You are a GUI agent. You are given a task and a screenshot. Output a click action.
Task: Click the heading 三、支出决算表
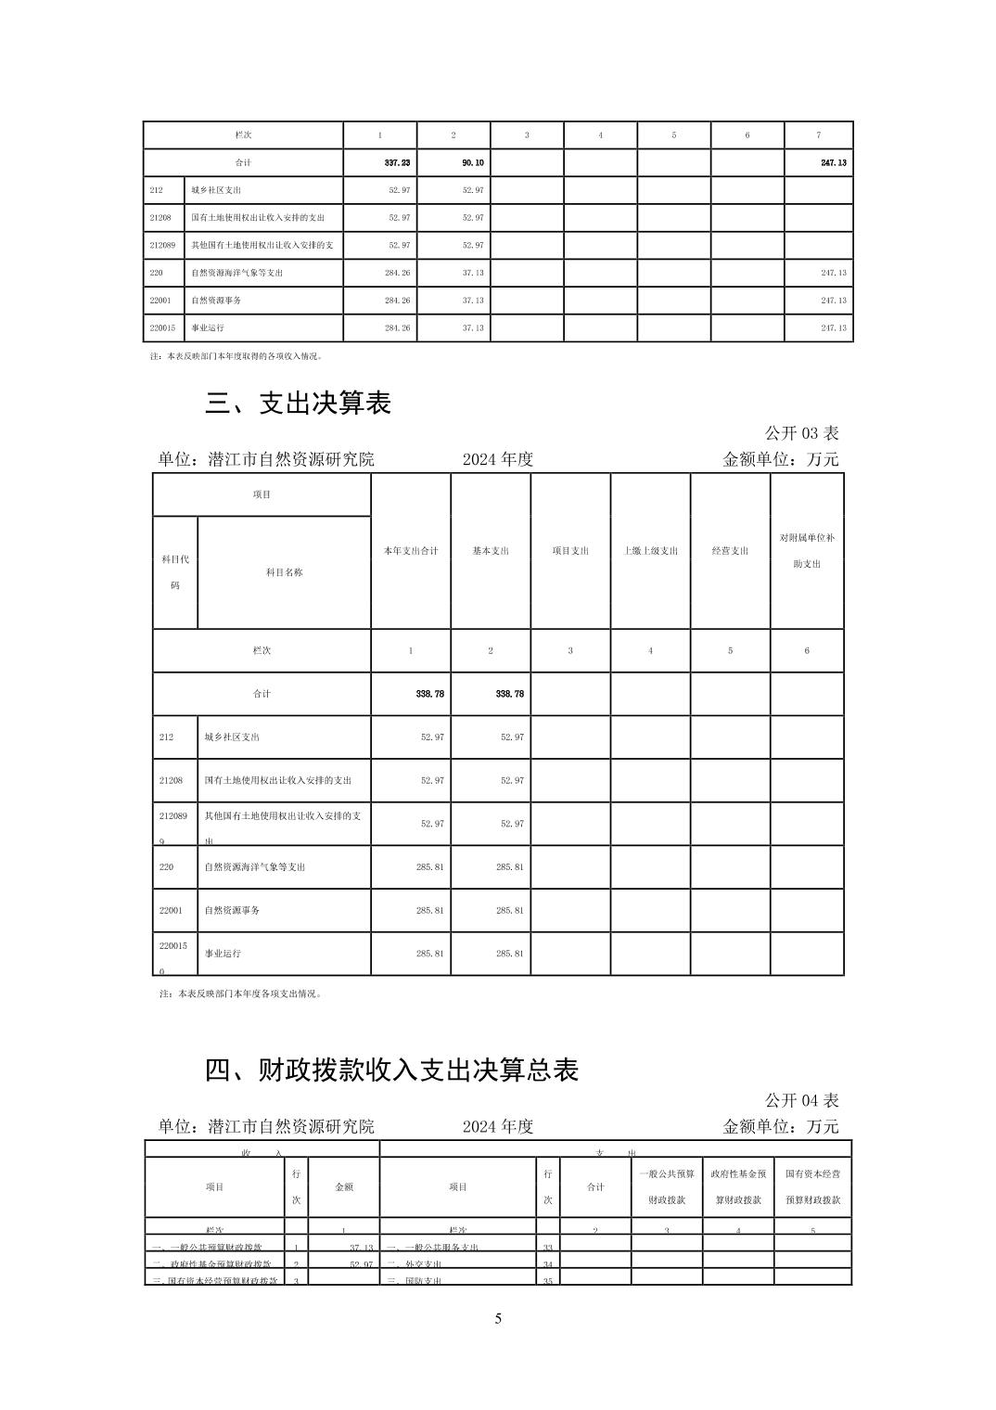click(298, 403)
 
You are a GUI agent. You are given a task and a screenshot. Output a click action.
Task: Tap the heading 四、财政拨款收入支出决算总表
click(391, 1070)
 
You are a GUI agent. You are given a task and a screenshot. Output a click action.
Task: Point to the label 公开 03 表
click(801, 433)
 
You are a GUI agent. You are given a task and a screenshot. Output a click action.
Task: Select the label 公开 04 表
click(801, 1100)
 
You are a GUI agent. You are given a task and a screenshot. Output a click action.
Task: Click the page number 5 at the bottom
click(498, 1318)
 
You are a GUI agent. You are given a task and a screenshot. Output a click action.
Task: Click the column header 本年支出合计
click(411, 551)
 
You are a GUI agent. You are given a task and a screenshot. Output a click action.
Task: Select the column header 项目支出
click(570, 551)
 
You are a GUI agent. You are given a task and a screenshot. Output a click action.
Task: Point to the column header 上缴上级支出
click(650, 551)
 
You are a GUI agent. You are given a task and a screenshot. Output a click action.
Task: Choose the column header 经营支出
click(730, 551)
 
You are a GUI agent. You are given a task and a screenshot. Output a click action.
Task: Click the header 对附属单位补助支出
click(807, 550)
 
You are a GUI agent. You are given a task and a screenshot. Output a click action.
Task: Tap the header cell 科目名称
click(284, 572)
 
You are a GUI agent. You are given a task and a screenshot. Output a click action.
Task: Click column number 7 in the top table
click(818, 135)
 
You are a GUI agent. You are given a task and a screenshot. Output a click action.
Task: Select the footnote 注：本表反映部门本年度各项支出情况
click(241, 993)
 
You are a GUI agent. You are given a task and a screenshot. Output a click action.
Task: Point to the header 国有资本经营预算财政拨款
click(812, 1186)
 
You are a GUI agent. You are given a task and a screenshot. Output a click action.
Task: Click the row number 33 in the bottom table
click(547, 1248)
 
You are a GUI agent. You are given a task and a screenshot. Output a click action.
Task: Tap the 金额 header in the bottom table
click(343, 1186)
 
